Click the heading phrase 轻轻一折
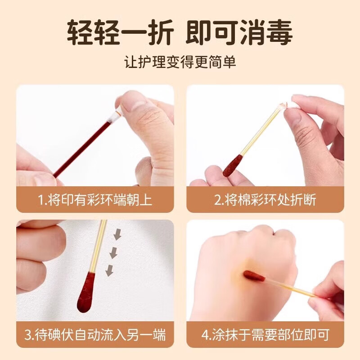(x=120, y=32)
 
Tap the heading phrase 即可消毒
(x=239, y=32)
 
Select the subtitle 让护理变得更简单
(x=180, y=62)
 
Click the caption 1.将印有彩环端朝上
(x=95, y=200)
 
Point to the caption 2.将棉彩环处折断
(x=265, y=200)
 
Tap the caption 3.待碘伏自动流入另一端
(x=95, y=334)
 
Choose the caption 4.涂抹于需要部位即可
(x=265, y=334)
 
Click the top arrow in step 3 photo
(x=117, y=234)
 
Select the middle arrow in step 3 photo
(x=113, y=253)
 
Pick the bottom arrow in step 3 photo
(x=109, y=270)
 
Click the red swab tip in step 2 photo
(x=233, y=166)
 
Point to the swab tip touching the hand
(x=254, y=276)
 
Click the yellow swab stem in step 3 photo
(x=99, y=246)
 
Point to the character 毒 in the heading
(x=279, y=32)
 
